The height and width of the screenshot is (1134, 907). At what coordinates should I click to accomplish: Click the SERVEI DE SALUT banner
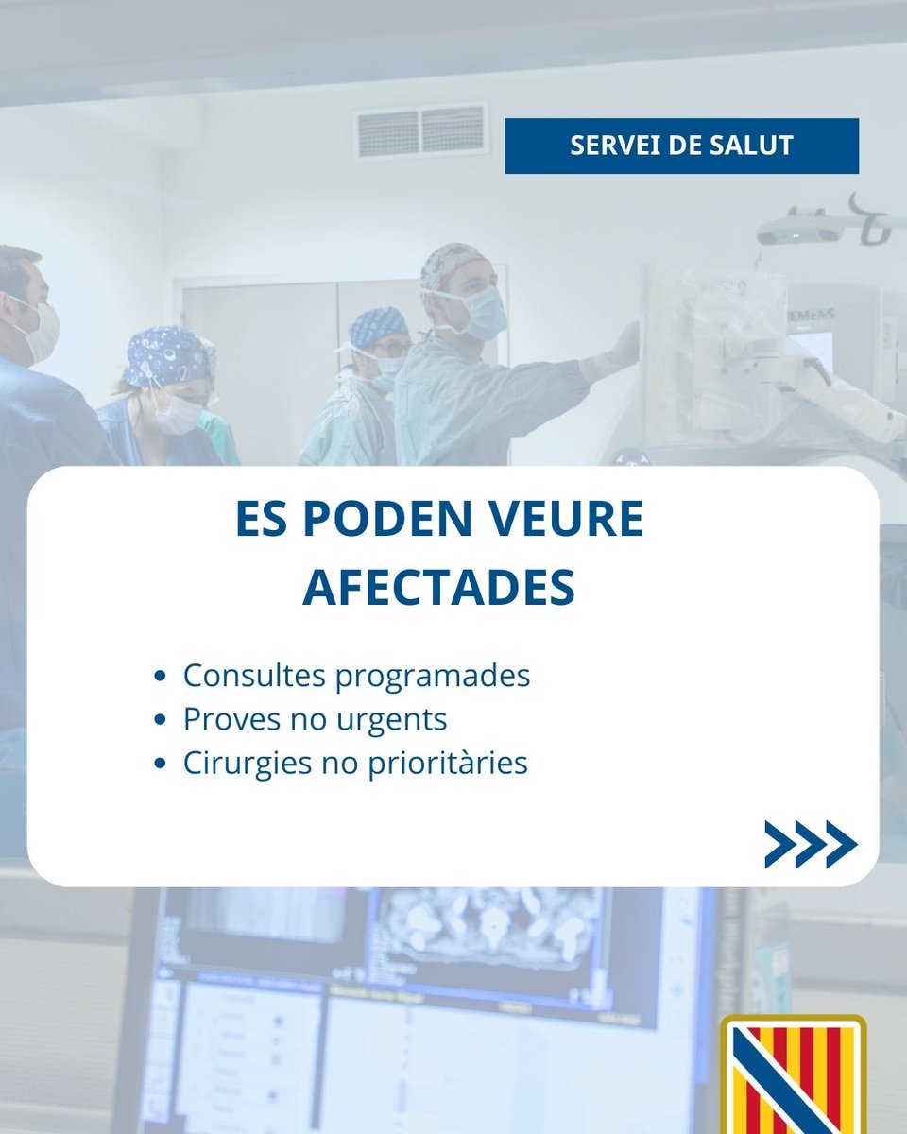click(x=681, y=146)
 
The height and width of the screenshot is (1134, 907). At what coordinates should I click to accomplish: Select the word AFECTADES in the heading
click(x=438, y=588)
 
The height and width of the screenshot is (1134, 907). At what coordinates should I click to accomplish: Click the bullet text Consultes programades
click(x=356, y=676)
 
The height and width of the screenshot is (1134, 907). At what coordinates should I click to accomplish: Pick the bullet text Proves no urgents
click(x=315, y=719)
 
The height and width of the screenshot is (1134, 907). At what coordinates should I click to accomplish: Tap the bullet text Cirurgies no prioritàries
click(x=355, y=763)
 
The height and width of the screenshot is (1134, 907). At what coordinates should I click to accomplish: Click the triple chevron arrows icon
click(x=810, y=844)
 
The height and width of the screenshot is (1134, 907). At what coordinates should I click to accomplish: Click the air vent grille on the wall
click(x=420, y=131)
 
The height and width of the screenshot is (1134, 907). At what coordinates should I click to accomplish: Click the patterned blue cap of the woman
click(x=167, y=355)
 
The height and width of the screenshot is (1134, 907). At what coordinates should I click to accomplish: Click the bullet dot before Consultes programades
click(x=161, y=677)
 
